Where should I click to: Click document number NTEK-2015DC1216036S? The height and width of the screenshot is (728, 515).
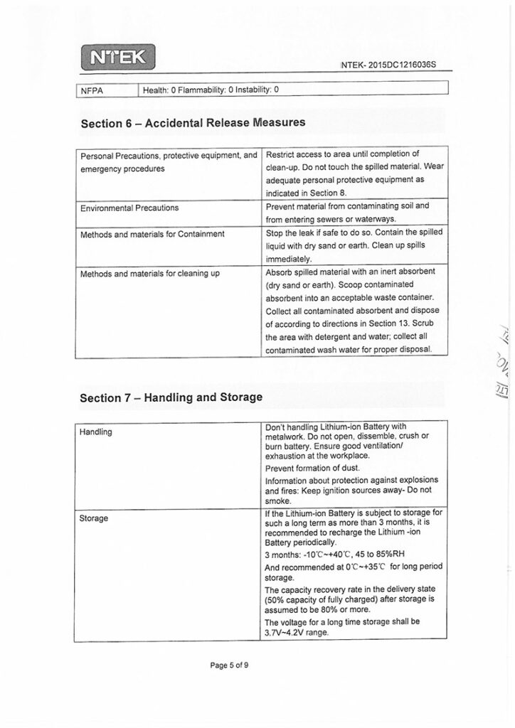click(388, 65)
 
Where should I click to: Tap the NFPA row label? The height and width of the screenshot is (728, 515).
click(92, 90)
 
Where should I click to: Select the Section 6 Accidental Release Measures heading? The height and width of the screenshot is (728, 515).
click(193, 122)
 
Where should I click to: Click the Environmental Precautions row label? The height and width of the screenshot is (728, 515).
click(129, 208)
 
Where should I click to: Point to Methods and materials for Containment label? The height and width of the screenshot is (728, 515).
click(152, 233)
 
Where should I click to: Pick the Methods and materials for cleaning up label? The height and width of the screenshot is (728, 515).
click(149, 272)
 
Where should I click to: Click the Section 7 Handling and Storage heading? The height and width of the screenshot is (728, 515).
click(171, 397)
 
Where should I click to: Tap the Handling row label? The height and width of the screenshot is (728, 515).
click(96, 432)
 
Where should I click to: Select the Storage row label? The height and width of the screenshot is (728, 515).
click(94, 518)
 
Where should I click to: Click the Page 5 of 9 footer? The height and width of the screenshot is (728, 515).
click(229, 665)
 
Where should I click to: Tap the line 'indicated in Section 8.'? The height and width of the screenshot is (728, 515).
click(306, 192)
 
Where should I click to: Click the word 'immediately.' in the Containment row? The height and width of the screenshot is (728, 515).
click(288, 259)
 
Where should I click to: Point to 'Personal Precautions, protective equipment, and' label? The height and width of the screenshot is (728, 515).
click(168, 156)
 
